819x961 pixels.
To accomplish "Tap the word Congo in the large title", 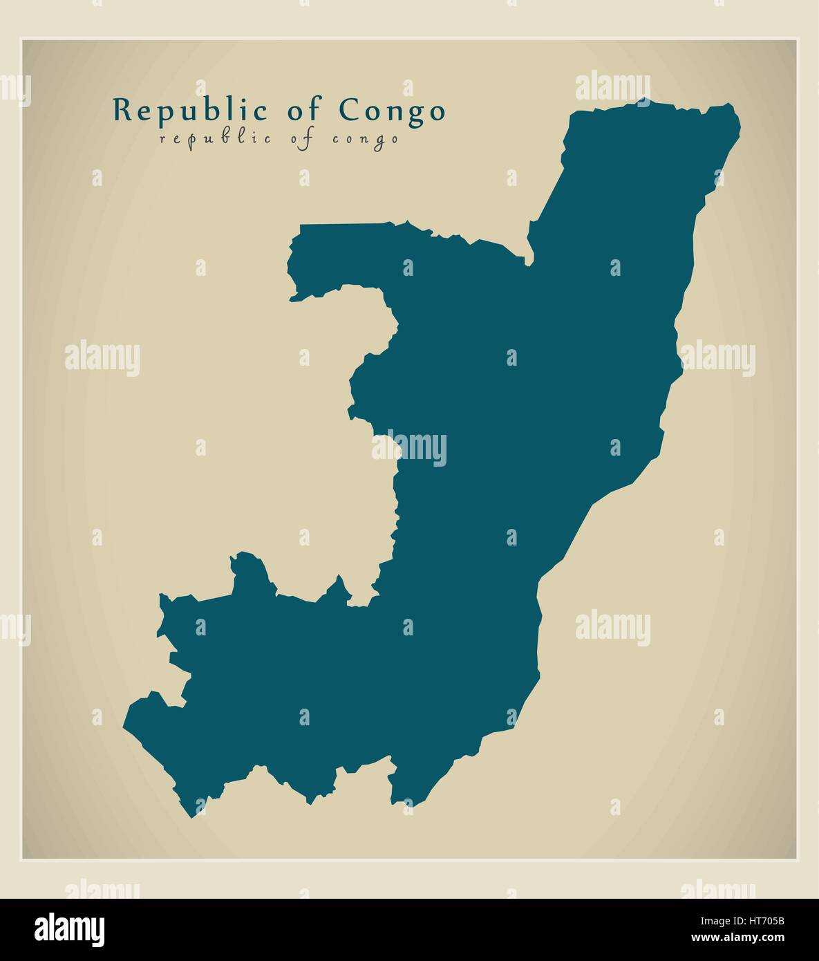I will pyautogui.click(x=392, y=111).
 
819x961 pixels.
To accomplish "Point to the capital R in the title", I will pyautogui.click(x=122, y=111).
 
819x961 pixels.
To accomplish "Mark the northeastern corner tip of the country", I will pyautogui.click(x=731, y=108).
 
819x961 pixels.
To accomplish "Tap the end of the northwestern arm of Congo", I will pyautogui.click(x=292, y=299).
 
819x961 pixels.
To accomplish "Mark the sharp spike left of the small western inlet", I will pyautogui.click(x=339, y=578).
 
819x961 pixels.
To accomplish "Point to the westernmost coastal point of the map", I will pyautogui.click(x=125, y=725).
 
